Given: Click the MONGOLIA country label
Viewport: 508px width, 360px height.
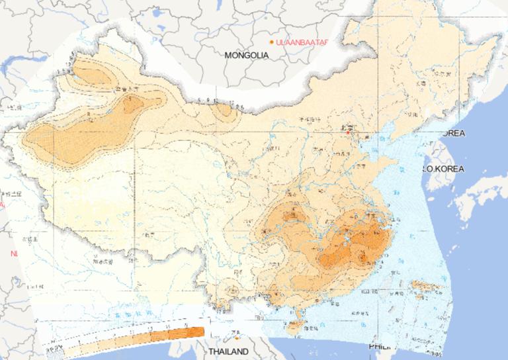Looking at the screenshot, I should pyautogui.click(x=247, y=56).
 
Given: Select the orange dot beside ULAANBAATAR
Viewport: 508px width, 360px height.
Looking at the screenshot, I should pyautogui.click(x=271, y=42).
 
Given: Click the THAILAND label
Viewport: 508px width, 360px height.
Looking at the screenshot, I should pyautogui.click(x=228, y=351).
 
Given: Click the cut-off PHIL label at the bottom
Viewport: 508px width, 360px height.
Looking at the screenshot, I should pyautogui.click(x=378, y=346).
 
